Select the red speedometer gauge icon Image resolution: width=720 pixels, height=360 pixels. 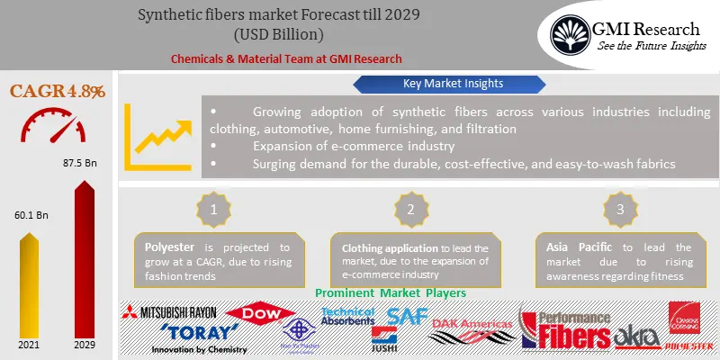[56, 127]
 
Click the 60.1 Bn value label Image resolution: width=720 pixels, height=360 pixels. [29, 217]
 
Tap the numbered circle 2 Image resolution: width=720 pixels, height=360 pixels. [409, 208]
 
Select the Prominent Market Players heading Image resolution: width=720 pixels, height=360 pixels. [390, 293]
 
